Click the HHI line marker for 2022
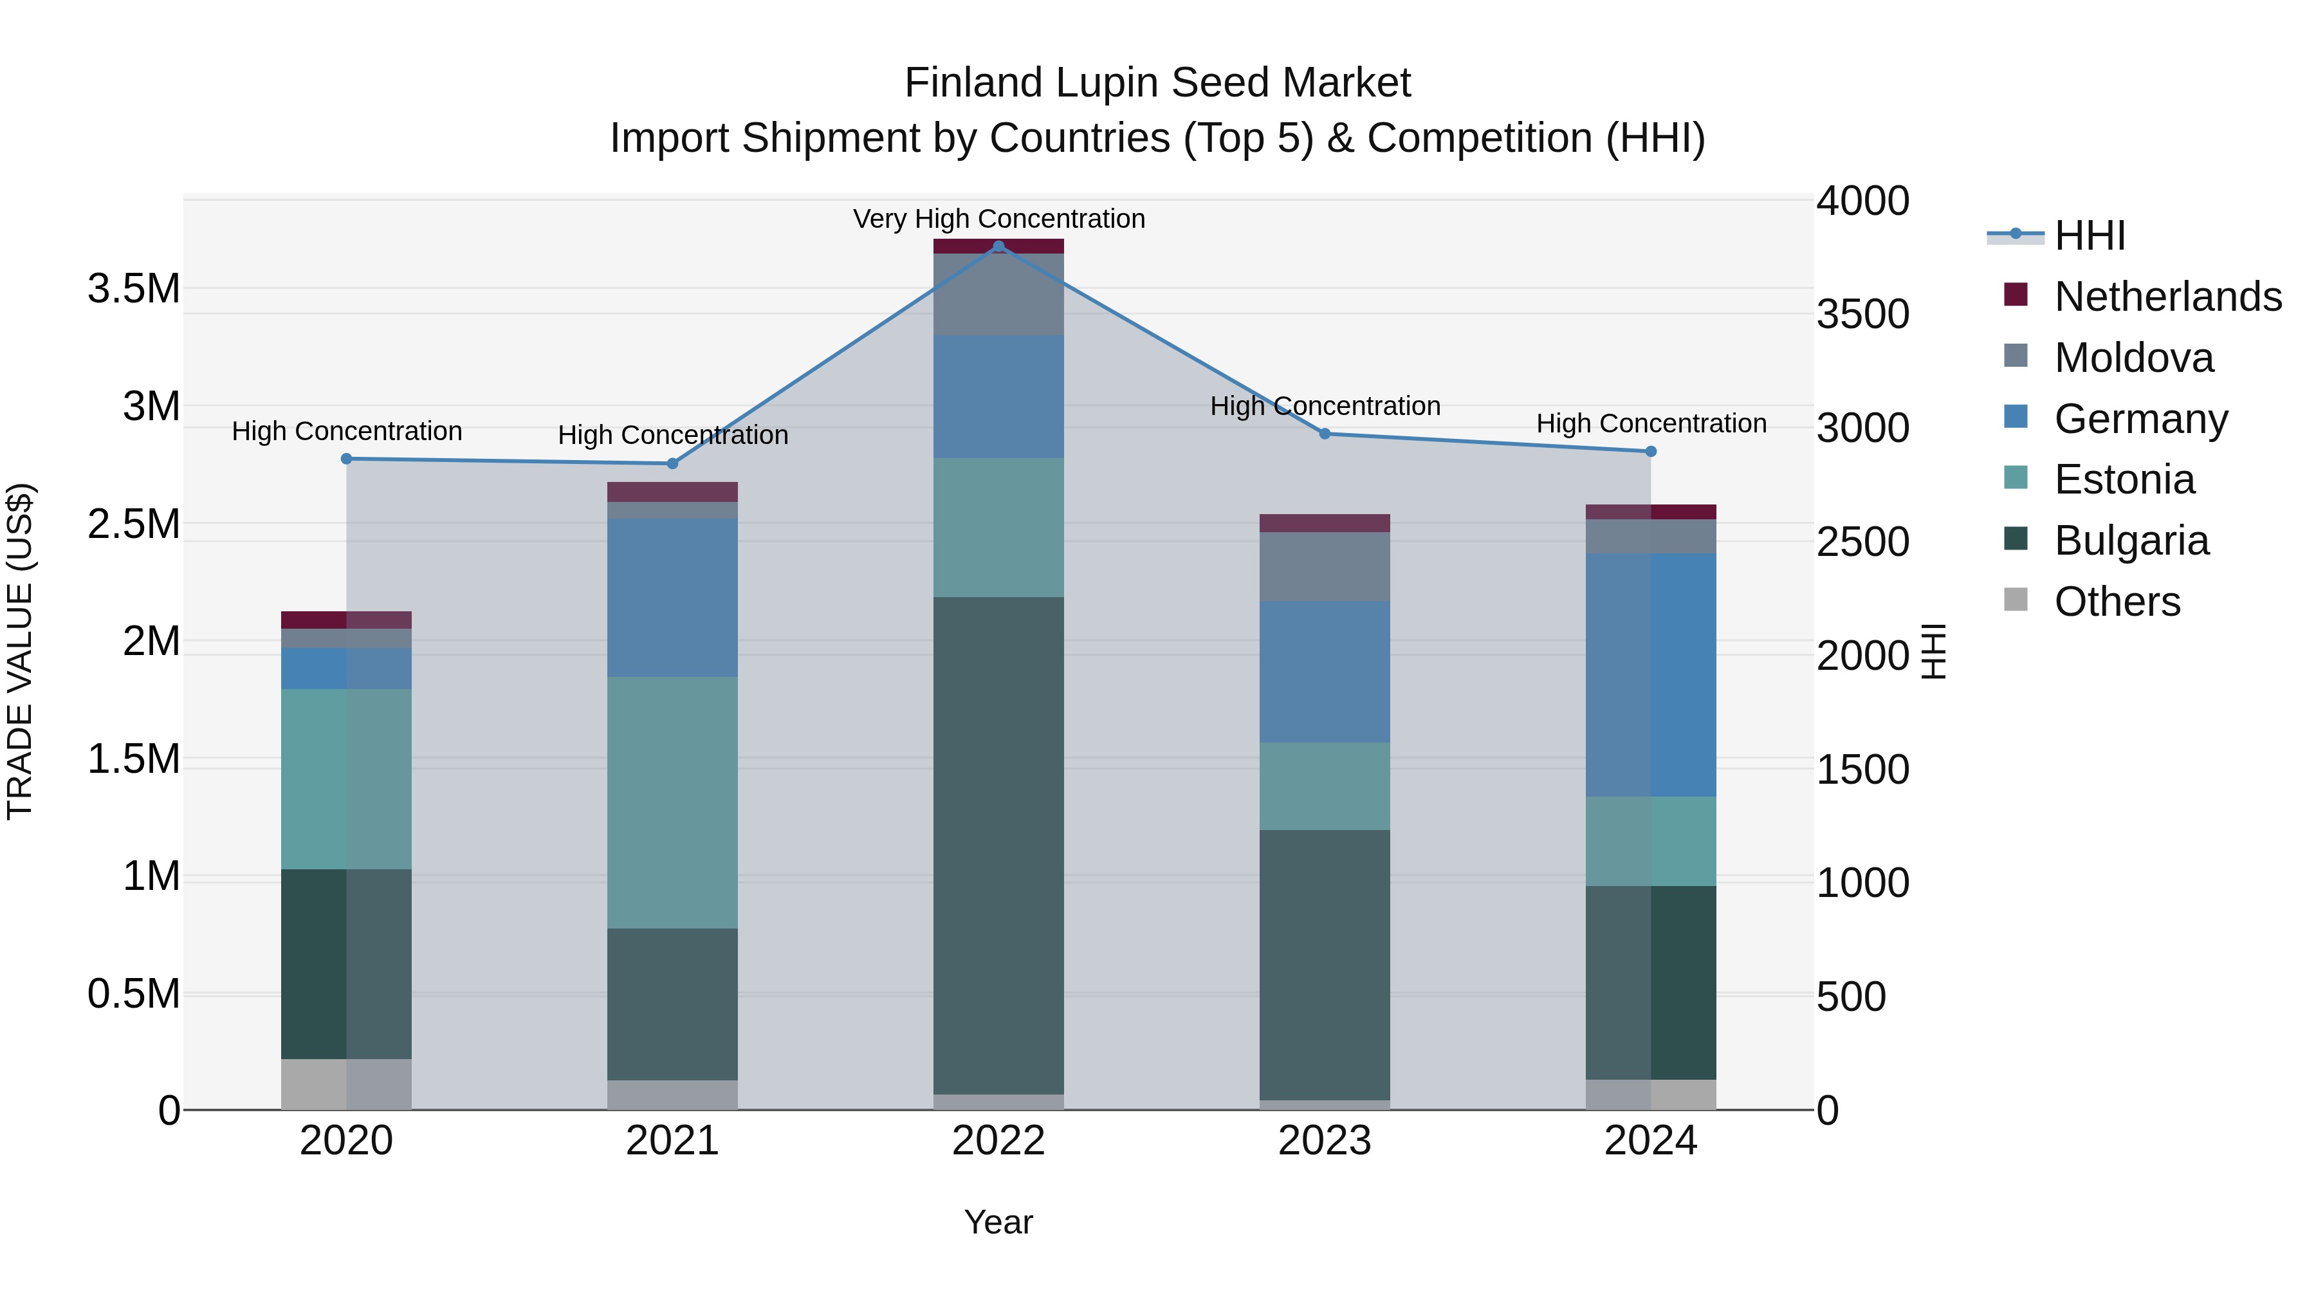point(998,246)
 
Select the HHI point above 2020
point(347,459)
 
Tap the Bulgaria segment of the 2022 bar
point(998,846)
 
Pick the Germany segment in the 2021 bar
point(672,597)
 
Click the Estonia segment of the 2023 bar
point(1325,786)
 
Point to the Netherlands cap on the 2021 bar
point(672,492)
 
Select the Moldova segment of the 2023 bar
point(1325,566)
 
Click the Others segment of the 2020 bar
point(347,1084)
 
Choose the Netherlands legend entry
point(2167,297)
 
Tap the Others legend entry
point(2117,602)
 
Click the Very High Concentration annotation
point(998,219)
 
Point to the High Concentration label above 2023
point(1325,407)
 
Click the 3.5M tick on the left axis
point(133,290)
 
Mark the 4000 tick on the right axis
point(1862,201)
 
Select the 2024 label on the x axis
point(1651,1141)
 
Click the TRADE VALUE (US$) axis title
point(20,651)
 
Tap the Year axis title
point(998,1222)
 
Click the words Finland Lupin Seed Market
point(1157,83)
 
